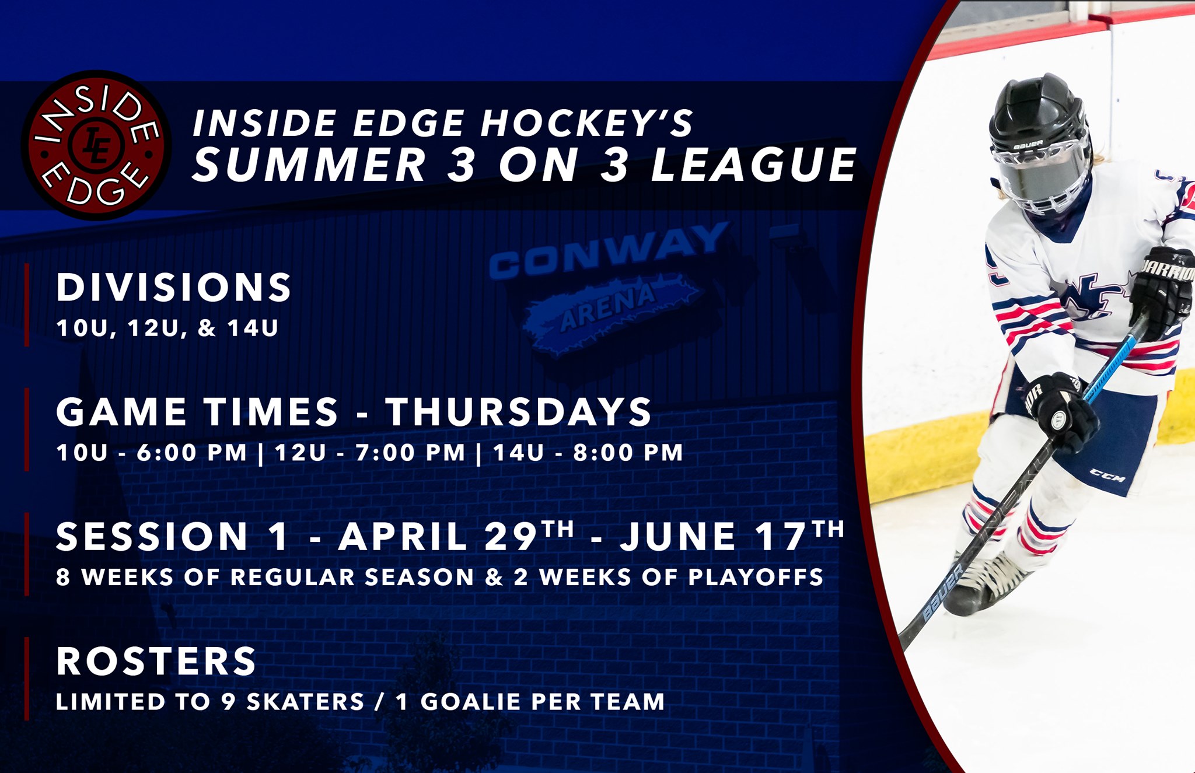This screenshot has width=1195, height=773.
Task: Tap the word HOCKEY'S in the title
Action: pos(587,123)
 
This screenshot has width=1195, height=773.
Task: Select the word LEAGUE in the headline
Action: pos(753,164)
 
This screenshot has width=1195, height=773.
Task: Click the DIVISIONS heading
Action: pos(174,287)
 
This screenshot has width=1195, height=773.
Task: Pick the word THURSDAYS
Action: pos(518,412)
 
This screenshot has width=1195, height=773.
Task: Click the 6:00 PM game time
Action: pos(192,453)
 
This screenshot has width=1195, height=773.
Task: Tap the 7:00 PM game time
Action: pos(410,453)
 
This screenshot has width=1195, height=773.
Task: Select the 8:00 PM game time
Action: pos(628,453)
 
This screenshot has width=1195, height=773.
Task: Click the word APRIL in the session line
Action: pos(403,536)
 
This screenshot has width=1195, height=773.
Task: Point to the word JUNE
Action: pos(677,536)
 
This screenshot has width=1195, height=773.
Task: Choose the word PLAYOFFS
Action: pos(756,577)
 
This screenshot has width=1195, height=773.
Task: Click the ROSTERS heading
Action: pos(156,661)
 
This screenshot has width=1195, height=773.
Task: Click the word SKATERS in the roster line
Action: pos(306,702)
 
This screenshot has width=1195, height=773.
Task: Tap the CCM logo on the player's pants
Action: pos(1107,477)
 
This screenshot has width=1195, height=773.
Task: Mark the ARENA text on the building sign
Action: pos(607,307)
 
